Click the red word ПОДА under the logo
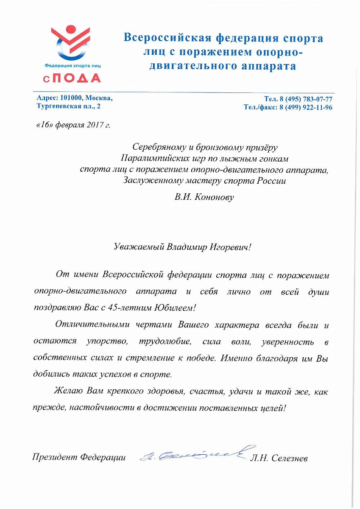coord(78,78)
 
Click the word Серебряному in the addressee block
coord(157,148)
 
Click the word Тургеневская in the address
coord(57,106)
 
